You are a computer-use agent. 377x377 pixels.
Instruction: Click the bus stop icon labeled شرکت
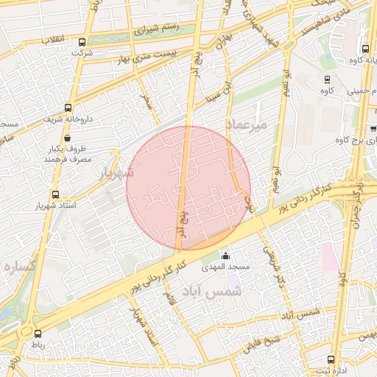[x=82, y=43]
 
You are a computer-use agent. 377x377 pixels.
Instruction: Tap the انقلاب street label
[x=53, y=38]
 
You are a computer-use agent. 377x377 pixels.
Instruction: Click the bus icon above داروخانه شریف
[x=67, y=108]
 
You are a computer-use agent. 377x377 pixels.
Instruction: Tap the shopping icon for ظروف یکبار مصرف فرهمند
[x=67, y=138]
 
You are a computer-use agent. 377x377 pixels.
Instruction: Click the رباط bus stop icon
[x=38, y=333]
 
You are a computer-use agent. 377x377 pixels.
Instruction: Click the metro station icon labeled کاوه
[x=327, y=78]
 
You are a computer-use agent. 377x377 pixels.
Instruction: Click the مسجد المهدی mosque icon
[x=225, y=255]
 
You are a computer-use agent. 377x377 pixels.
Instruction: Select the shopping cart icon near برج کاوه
[x=373, y=128]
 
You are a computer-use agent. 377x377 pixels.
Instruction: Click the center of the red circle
[x=189, y=188]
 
